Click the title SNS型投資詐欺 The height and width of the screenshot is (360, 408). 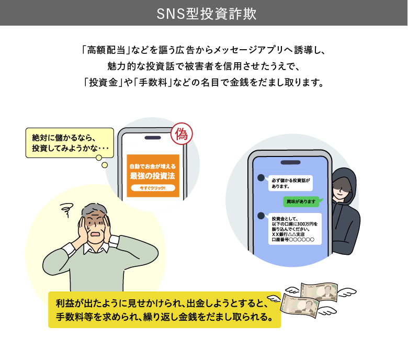click(207, 14)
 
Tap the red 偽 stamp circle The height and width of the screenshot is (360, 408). click(182, 134)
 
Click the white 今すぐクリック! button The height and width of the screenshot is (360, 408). click(153, 188)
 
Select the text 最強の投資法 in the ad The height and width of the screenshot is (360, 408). click(153, 176)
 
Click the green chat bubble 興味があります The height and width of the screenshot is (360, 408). click(301, 201)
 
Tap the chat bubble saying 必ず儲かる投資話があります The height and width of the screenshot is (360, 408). click(291, 183)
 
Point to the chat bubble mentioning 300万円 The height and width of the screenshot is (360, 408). click(295, 229)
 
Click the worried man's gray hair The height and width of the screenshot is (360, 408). click(94, 210)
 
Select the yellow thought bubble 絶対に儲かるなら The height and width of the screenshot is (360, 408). click(70, 143)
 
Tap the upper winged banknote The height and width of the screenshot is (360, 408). click(320, 291)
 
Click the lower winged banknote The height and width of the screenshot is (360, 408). click(300, 305)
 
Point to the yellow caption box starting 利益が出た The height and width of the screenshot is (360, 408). click(165, 310)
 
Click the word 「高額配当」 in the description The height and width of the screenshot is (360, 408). click(106, 50)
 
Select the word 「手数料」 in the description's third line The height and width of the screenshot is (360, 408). click(153, 83)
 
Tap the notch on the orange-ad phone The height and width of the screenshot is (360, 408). click(153, 138)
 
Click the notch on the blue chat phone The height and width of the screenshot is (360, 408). click(291, 162)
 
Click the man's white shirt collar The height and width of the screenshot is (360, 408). click(96, 248)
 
